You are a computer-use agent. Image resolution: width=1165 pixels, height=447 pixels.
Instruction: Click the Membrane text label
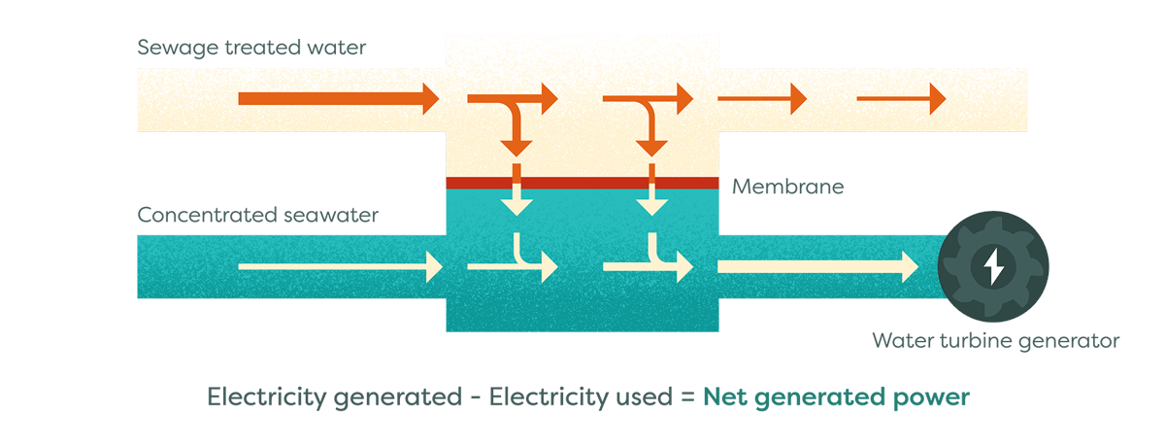(787, 186)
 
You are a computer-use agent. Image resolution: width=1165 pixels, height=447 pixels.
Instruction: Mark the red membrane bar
(582, 183)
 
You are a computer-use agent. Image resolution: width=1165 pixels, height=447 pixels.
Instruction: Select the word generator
(1077, 341)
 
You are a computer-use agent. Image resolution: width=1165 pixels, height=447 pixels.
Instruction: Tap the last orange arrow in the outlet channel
(900, 98)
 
